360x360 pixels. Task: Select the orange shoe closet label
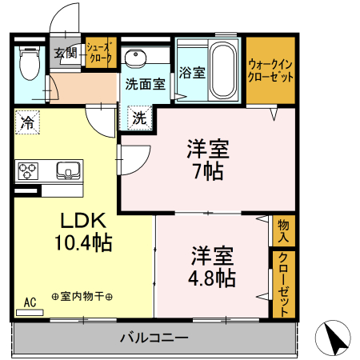tap(101, 53)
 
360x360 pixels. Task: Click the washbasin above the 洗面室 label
tap(135, 58)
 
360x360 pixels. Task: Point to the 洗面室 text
tap(145, 82)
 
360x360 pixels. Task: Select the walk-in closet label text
tap(270, 71)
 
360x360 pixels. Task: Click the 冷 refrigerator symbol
tap(27, 124)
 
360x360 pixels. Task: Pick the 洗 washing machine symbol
tap(138, 118)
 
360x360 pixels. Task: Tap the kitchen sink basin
tap(66, 170)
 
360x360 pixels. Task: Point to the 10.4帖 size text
tap(81, 241)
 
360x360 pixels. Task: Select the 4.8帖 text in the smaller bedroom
tap(212, 278)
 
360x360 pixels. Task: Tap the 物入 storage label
tap(283, 231)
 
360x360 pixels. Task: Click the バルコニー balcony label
tap(154, 337)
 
